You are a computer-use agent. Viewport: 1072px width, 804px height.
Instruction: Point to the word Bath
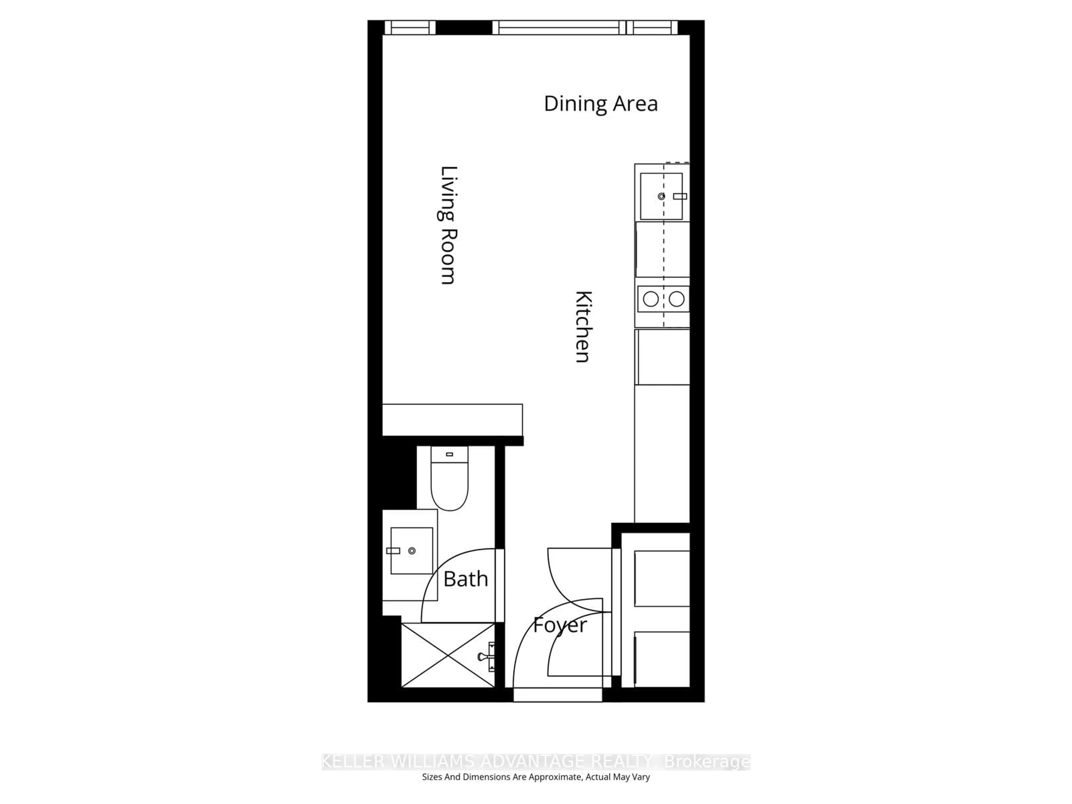465,579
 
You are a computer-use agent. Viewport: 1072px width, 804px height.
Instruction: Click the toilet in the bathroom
449,485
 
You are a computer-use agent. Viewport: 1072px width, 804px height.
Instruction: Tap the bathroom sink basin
411,551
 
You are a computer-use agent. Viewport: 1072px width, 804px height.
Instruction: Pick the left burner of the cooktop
650,299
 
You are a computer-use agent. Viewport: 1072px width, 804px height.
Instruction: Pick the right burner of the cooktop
676,299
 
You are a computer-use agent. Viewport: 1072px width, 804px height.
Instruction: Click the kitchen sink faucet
680,196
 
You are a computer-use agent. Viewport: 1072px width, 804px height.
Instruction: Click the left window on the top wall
410,28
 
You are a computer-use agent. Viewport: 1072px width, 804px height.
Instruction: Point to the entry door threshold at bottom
557,695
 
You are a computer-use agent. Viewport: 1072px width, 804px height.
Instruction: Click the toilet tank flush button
449,454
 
